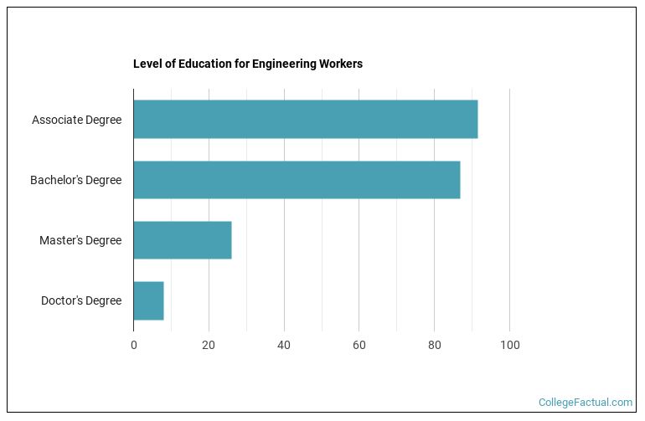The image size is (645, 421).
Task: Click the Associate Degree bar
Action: coord(305,120)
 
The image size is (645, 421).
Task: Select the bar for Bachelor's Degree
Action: coord(297,180)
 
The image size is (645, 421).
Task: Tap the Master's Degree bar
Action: coord(182,240)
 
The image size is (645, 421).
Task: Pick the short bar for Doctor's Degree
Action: coord(148,300)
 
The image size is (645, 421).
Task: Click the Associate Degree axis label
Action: coord(76,120)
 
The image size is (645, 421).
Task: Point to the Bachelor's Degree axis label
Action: coord(75,180)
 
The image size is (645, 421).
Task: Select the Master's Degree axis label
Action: coord(80,240)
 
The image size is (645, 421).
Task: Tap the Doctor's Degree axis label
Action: coord(81,300)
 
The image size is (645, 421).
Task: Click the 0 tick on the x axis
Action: coord(133,345)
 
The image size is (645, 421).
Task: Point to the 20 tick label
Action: coord(209,345)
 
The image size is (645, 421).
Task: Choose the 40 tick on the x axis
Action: coord(284,345)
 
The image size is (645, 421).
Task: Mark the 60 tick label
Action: coord(359,345)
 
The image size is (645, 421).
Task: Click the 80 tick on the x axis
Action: coord(434,345)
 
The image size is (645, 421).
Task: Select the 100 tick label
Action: coord(509,345)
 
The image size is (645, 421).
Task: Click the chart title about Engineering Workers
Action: coord(248,64)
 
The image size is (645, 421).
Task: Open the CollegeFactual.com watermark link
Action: coord(586,403)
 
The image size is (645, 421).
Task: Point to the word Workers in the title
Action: coord(340,64)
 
